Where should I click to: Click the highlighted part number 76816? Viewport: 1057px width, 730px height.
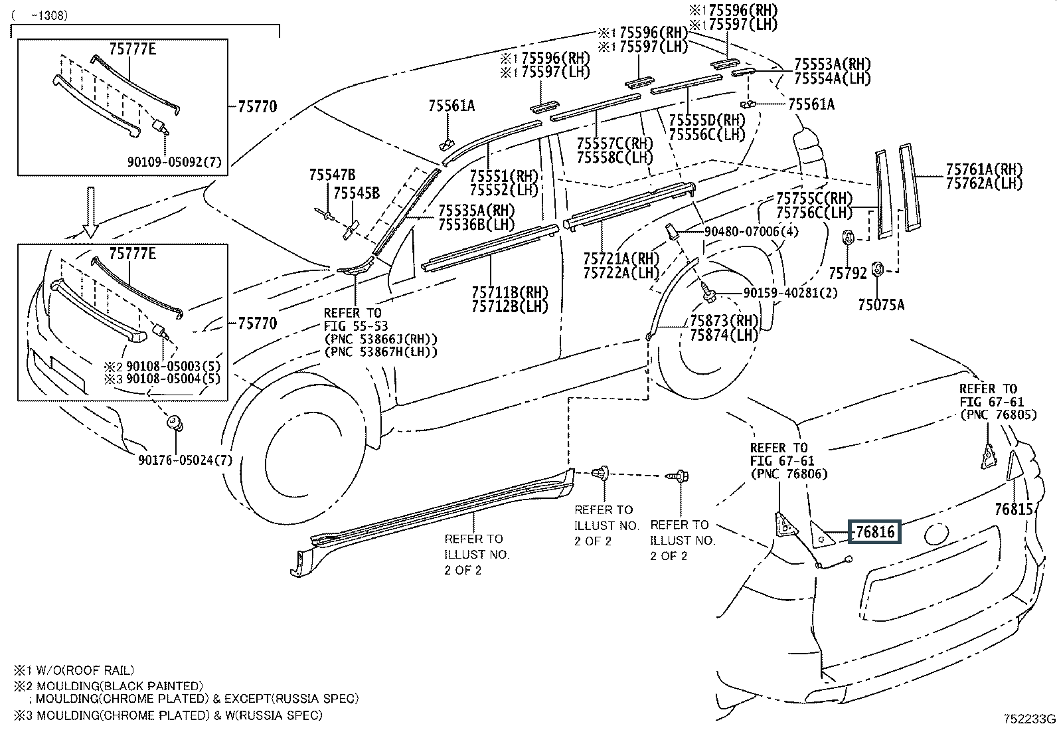[x=874, y=532]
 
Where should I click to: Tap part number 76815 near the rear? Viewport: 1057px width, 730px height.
[x=1014, y=509]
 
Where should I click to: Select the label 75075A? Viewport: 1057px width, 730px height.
[x=880, y=305]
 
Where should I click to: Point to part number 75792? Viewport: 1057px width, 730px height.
[x=848, y=272]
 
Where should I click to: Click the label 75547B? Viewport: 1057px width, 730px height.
[x=331, y=175]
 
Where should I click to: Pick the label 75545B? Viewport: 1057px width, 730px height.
[x=357, y=193]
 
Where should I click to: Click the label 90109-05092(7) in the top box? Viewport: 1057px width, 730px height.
[x=175, y=161]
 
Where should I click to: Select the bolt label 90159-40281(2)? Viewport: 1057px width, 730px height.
[x=780, y=293]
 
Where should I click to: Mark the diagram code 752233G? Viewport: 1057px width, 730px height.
[x=1028, y=719]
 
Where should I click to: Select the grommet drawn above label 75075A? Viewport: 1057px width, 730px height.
[x=876, y=269]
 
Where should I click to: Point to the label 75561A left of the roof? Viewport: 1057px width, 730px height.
[x=451, y=106]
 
